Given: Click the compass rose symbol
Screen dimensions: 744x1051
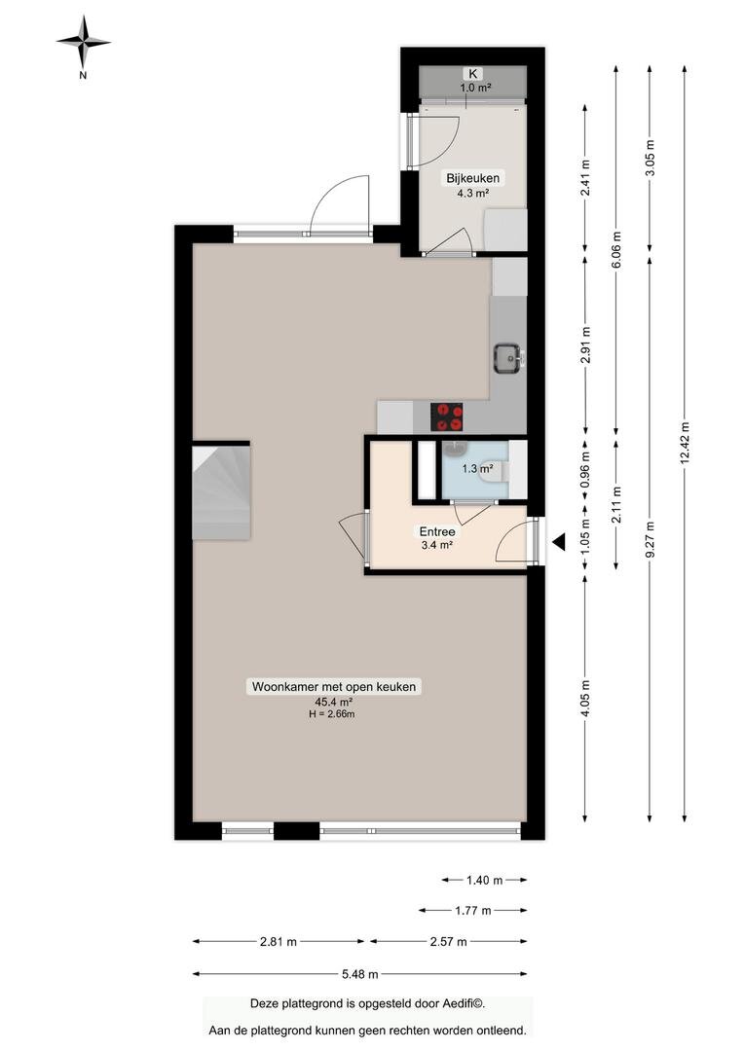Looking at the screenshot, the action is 83,42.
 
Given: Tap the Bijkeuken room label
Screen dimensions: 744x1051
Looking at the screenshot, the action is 473,178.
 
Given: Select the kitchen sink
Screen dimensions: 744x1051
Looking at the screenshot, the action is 508,358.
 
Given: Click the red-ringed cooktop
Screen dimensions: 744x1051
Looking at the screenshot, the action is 447,417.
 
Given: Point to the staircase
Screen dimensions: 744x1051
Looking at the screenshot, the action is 221,492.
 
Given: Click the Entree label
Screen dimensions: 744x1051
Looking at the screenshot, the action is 437,531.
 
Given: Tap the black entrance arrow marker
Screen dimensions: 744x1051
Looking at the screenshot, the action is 558,542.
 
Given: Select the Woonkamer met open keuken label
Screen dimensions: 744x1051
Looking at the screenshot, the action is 334,686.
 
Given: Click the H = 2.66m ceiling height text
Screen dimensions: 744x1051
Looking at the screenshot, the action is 331,714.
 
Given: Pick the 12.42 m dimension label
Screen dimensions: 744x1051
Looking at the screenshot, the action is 685,443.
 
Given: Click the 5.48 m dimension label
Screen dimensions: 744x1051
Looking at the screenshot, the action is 359,974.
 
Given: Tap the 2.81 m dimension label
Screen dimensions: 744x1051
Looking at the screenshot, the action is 279,942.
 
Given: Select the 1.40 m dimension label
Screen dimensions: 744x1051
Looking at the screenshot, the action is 484,880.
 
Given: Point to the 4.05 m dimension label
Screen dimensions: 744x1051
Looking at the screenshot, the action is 585,699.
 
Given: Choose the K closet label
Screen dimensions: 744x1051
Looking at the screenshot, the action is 473,74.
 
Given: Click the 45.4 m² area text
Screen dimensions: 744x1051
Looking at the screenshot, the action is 334,702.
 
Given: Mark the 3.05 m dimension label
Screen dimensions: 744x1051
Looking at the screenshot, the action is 650,159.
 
